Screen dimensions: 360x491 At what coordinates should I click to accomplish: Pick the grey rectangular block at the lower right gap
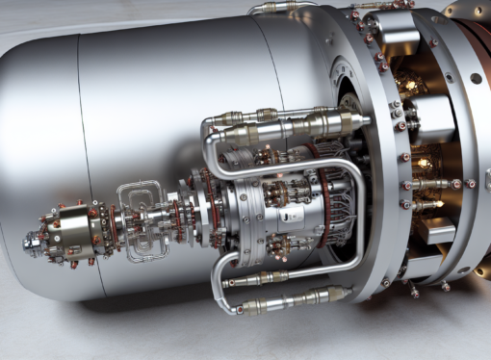point(439,231)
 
